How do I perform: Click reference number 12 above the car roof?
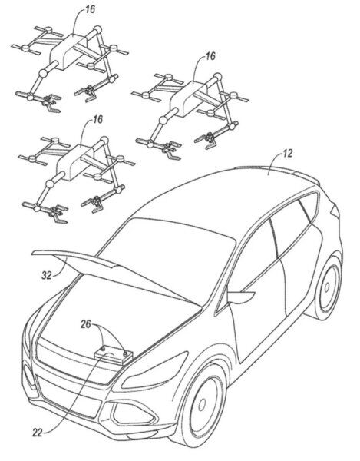point(288,153)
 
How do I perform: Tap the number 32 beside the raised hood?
point(46,275)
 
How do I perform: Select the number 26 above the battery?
point(86,324)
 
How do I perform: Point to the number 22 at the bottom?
point(38,433)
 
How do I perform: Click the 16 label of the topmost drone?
point(90,9)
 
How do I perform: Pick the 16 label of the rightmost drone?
point(210,56)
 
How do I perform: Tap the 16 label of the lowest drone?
point(97,119)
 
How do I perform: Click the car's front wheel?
point(203,406)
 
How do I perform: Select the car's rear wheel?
point(326,288)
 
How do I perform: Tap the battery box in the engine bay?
point(114,356)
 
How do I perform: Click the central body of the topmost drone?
point(70,51)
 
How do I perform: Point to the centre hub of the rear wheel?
point(327,287)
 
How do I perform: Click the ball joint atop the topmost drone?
point(97,30)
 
